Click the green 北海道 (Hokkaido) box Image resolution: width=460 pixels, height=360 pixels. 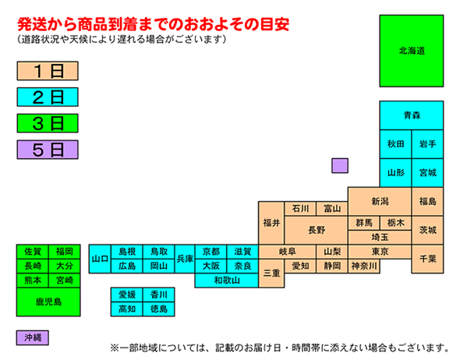click(x=412, y=51)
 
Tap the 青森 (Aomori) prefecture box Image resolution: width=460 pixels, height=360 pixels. click(x=412, y=115)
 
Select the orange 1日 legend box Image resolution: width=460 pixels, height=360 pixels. click(x=48, y=71)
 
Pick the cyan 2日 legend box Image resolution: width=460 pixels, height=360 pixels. click(x=48, y=97)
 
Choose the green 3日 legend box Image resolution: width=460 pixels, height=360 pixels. click(x=48, y=123)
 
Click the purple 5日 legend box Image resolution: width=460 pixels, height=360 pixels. click(x=48, y=150)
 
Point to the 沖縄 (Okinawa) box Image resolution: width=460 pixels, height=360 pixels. click(x=32, y=337)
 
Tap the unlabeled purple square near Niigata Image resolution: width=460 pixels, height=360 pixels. click(x=340, y=166)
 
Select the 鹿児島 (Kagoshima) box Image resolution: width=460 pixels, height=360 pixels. click(x=48, y=302)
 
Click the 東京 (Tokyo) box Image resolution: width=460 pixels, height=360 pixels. click(x=380, y=252)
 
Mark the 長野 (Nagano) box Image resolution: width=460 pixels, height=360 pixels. click(x=317, y=230)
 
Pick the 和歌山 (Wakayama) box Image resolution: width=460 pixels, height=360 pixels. click(x=226, y=281)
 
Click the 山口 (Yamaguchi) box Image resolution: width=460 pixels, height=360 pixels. click(x=100, y=259)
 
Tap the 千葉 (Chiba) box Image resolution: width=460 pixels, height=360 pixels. click(x=427, y=259)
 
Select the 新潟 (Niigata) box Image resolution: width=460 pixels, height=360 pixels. click(x=380, y=202)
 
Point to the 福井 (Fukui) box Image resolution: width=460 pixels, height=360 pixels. click(x=271, y=223)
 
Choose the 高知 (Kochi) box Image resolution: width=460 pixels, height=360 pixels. click(x=127, y=309)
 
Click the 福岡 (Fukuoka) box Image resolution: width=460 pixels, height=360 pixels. click(x=64, y=252)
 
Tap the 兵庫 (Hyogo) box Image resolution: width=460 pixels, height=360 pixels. click(x=185, y=259)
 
